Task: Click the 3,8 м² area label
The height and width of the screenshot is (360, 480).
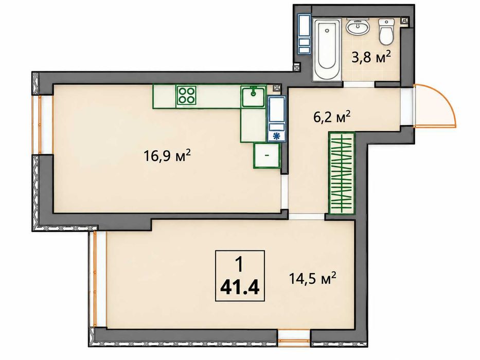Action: [x=371, y=57]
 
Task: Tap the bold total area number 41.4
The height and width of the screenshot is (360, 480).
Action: [x=240, y=287]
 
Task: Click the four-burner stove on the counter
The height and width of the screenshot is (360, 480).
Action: [x=186, y=95]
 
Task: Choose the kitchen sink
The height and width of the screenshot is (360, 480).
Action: [x=253, y=96]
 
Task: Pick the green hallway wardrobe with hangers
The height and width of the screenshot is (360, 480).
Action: [x=341, y=173]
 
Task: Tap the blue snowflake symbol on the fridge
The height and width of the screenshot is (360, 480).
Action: [x=277, y=136]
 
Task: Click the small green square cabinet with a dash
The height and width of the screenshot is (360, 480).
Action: [x=266, y=155]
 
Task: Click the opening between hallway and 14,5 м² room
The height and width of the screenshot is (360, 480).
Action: [x=307, y=217]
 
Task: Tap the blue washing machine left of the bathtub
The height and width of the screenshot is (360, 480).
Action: [x=305, y=33]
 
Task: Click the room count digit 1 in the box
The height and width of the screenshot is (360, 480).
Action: [x=239, y=264]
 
